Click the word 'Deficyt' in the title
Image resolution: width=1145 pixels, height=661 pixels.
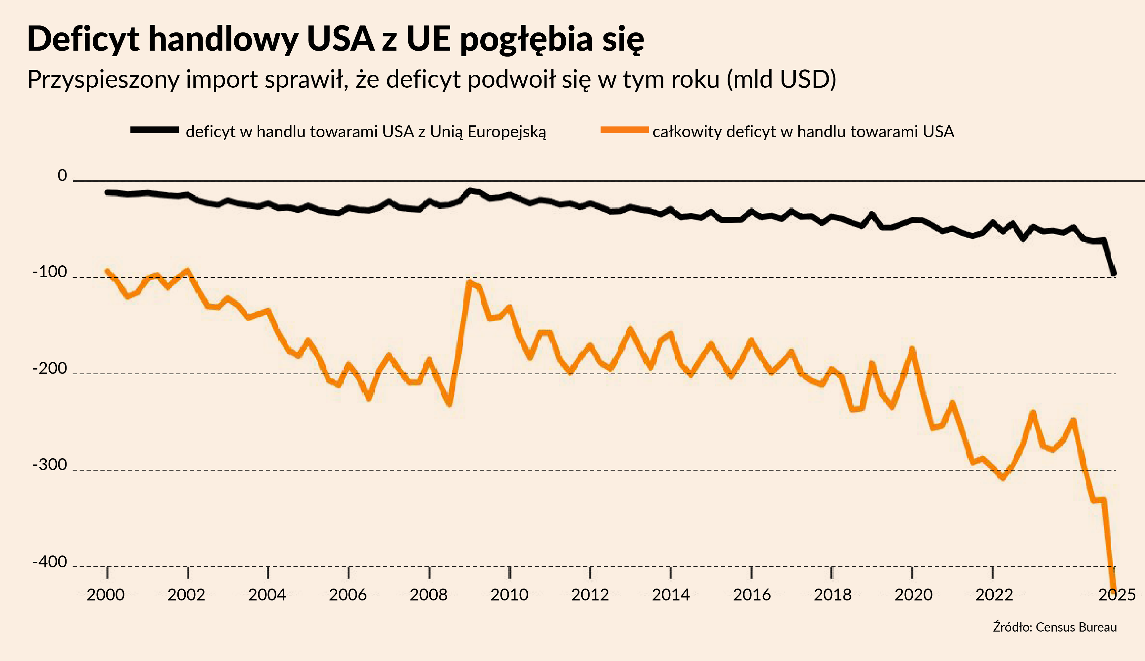pos(83,39)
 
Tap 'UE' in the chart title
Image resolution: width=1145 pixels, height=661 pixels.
pos(428,39)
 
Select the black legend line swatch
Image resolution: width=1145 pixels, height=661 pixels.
pos(155,130)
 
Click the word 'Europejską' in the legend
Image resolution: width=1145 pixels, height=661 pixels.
pos(506,132)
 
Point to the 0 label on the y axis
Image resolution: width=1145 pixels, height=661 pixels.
pos(62,175)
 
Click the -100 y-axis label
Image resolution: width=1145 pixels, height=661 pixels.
pos(50,272)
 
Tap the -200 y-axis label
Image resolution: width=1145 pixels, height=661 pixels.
pos(50,368)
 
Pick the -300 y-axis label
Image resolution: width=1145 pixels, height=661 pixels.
pos(50,465)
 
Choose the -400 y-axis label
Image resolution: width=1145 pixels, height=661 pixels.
pos(50,561)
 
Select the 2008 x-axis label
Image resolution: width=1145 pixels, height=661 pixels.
pos(428,595)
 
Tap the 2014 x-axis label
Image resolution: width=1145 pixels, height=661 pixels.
pos(671,595)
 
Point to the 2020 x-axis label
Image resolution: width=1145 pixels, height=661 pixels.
pos(913,595)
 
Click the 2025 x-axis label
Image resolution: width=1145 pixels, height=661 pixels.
pos(1117,595)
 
